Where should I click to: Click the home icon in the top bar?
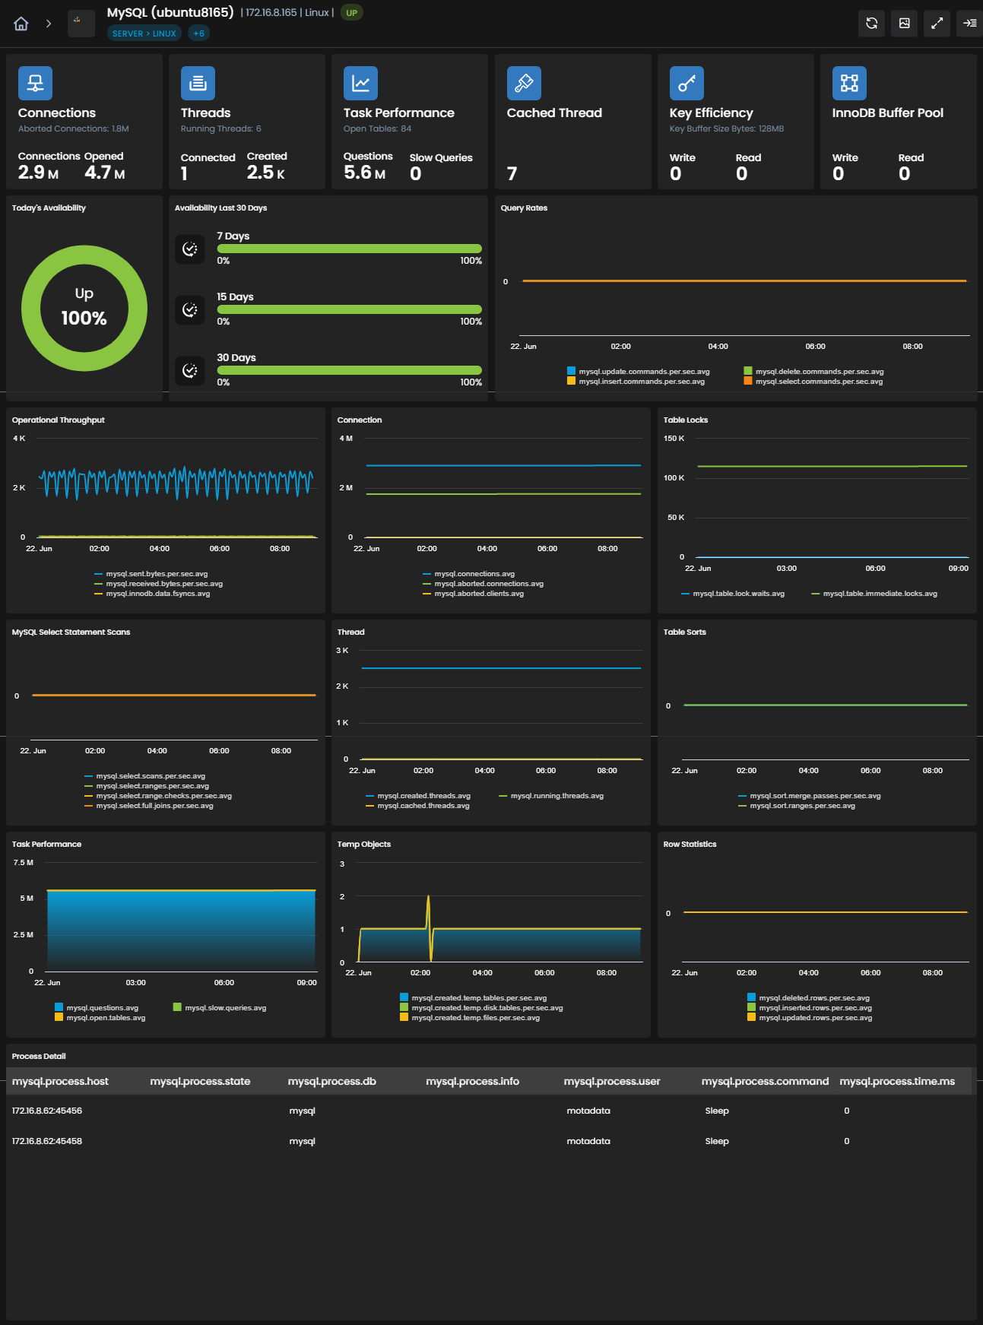(21, 24)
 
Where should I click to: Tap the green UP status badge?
(351, 13)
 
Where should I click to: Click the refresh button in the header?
(871, 24)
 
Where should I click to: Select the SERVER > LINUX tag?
(144, 33)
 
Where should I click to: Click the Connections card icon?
(35, 83)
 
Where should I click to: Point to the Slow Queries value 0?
(415, 173)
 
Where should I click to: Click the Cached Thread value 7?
(512, 174)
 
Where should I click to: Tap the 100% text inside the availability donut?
(84, 318)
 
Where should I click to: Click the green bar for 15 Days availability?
(349, 309)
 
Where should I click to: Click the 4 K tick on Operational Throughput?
(19, 439)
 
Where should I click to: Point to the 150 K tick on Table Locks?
(674, 439)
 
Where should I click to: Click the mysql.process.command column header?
(765, 1081)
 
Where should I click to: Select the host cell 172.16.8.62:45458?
(47, 1141)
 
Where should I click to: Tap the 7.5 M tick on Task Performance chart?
(24, 863)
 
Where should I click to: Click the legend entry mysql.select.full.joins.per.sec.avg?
(149, 806)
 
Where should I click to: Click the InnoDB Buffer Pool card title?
(888, 113)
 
